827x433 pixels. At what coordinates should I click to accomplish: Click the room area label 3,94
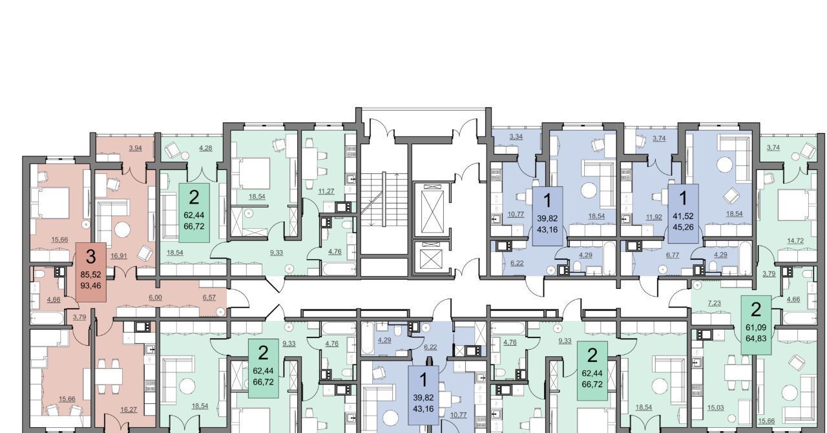[x=136, y=148]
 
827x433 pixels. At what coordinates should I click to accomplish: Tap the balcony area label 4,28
[x=205, y=148]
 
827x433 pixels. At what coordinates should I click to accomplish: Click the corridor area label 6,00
[x=156, y=297]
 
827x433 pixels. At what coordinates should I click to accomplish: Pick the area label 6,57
[x=209, y=297]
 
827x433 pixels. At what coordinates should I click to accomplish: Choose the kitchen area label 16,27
[x=129, y=409]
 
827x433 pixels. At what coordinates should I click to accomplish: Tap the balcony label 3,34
[x=516, y=137]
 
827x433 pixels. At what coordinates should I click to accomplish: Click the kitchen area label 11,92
[x=654, y=217]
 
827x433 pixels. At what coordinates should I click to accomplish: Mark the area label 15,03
[x=715, y=408]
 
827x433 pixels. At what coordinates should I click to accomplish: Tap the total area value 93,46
[x=90, y=286]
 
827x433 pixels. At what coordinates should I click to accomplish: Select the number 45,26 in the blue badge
[x=684, y=227]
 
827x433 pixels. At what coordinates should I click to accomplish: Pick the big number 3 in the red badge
[x=90, y=257]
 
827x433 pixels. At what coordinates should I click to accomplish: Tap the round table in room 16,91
[x=122, y=230]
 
